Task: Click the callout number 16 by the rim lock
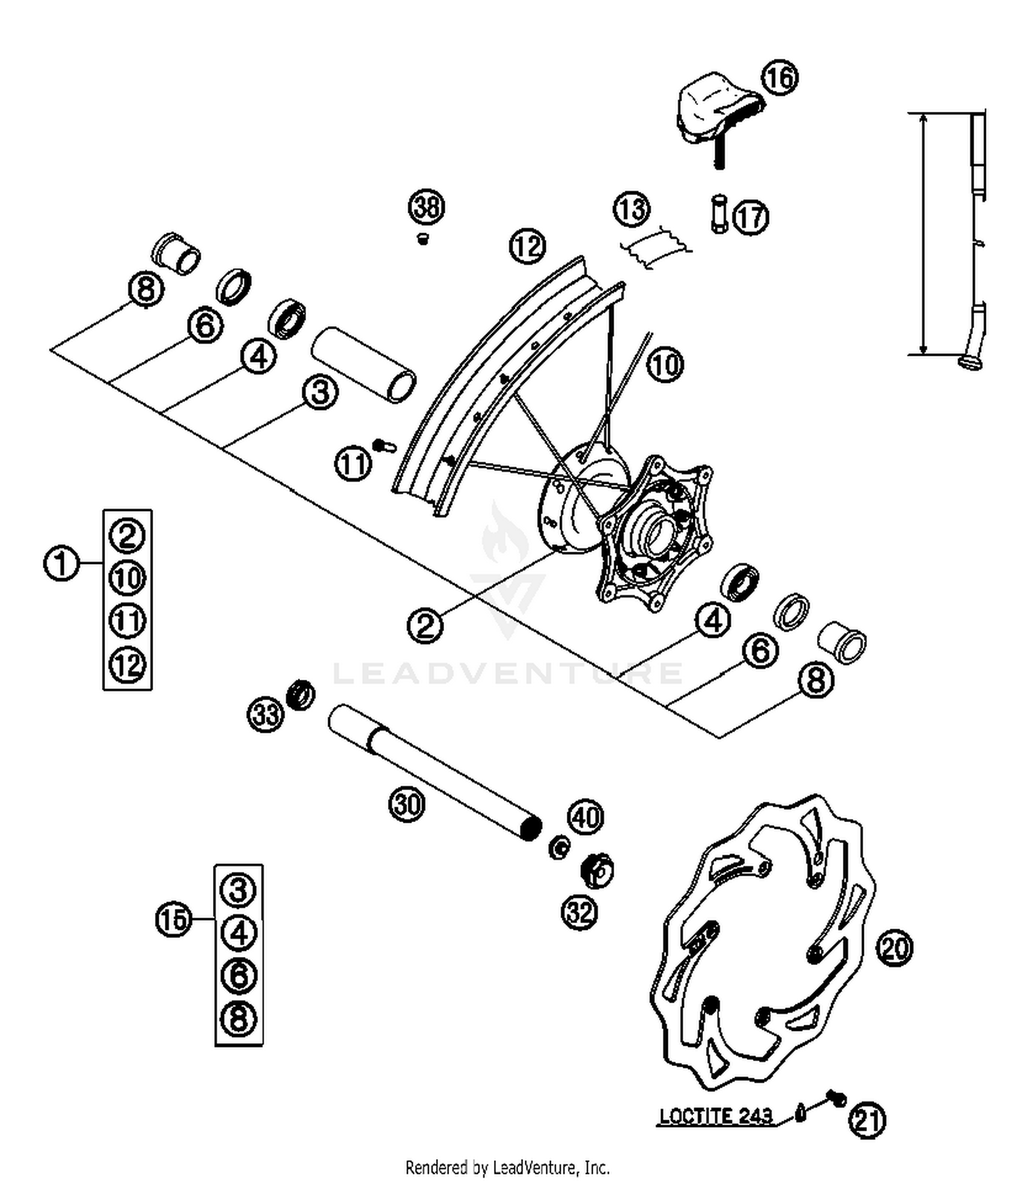coord(780,78)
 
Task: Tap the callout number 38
coord(426,206)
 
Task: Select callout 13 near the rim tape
coord(631,209)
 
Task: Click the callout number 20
coord(894,947)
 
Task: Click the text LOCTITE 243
coord(715,1116)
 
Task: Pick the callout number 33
coord(265,714)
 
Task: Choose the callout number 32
coord(580,912)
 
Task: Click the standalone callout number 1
coord(61,563)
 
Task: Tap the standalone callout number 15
coord(174,919)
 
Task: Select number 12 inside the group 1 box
coord(127,665)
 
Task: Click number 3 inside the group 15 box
coord(239,889)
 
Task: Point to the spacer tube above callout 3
coord(364,364)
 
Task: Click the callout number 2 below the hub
coord(425,625)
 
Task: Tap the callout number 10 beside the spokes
coord(665,365)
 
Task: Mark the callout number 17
coord(751,218)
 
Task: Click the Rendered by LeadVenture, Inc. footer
coord(507,1167)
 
